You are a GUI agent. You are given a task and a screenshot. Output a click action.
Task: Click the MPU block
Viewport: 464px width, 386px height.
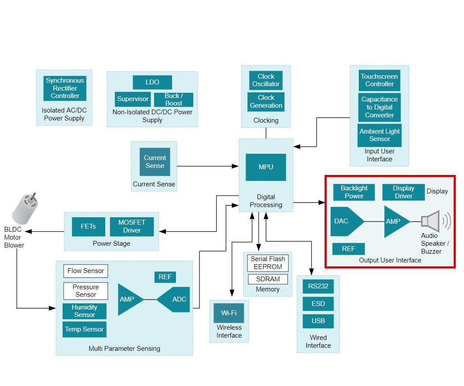tap(265, 167)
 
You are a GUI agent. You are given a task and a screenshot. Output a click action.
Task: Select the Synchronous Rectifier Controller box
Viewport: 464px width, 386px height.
tap(65, 88)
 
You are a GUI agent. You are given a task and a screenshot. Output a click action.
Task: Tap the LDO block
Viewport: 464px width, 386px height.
tap(152, 82)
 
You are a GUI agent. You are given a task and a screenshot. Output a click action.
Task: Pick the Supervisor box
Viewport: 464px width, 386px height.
tap(133, 99)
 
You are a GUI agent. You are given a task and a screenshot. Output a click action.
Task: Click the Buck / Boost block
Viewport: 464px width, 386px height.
tap(173, 99)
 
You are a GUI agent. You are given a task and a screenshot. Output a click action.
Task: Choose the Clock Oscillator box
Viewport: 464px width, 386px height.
tap(266, 80)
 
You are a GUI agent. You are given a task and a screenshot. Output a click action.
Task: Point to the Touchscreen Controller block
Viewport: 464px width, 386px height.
tap(379, 80)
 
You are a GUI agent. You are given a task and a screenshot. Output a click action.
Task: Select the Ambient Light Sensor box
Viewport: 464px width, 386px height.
tap(379, 135)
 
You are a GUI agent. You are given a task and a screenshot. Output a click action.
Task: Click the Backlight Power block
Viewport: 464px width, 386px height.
tap(354, 192)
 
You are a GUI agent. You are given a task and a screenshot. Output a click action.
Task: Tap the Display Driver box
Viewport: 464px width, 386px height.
tap(403, 192)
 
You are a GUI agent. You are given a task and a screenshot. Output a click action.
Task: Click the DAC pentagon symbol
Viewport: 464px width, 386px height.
tap(344, 221)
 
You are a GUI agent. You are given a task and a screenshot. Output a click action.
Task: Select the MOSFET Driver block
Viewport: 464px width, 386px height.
tap(132, 226)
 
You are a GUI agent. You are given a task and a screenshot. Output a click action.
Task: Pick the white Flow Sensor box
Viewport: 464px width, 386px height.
tap(86, 271)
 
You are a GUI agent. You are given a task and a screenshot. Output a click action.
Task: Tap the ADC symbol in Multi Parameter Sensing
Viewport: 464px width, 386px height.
tap(176, 299)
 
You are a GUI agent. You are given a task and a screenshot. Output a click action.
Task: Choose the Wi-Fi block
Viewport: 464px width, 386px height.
tap(229, 313)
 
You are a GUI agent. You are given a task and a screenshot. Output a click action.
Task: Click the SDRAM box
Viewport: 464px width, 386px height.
tap(268, 279)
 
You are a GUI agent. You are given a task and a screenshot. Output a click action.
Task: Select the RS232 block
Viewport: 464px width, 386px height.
tap(318, 286)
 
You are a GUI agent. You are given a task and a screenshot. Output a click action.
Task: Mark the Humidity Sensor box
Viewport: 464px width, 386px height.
tap(85, 311)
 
